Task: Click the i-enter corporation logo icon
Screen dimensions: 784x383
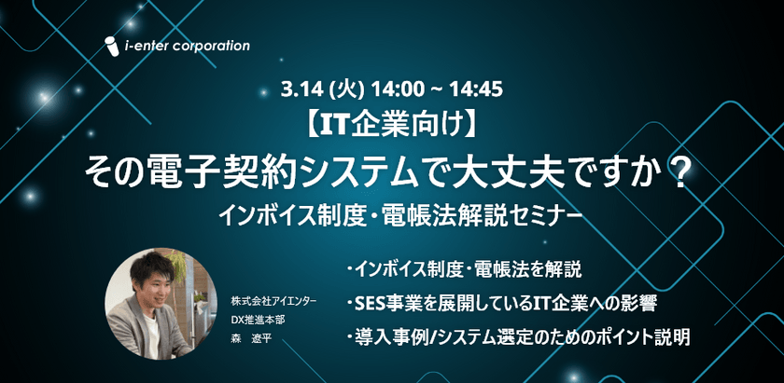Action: tap(111, 47)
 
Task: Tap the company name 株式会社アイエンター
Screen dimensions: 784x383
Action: tap(274, 302)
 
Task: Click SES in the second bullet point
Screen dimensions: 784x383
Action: tap(371, 304)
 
